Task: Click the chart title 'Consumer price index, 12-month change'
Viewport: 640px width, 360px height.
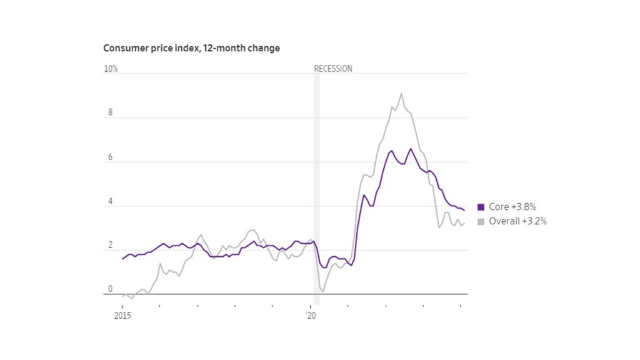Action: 191,48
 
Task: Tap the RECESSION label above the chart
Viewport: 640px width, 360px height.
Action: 332,69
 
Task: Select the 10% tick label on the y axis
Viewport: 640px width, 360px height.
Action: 111,69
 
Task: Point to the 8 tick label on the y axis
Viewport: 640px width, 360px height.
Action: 110,113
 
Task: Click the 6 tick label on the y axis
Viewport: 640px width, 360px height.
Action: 110,157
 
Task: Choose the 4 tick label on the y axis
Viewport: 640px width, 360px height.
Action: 110,202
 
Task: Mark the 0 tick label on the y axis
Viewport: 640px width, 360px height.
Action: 110,289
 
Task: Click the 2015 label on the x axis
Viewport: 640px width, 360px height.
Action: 122,316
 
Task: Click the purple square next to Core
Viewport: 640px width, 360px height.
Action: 481,207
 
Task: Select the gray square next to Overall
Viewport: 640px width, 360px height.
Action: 481,221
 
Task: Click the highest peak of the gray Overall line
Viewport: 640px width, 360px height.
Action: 401,94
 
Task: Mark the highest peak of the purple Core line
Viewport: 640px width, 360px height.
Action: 411,149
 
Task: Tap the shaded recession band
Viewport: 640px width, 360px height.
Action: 316,187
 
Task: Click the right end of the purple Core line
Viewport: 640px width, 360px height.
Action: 464,210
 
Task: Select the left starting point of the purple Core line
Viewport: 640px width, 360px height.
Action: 122,258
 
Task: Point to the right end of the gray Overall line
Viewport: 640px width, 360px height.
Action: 464,223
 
